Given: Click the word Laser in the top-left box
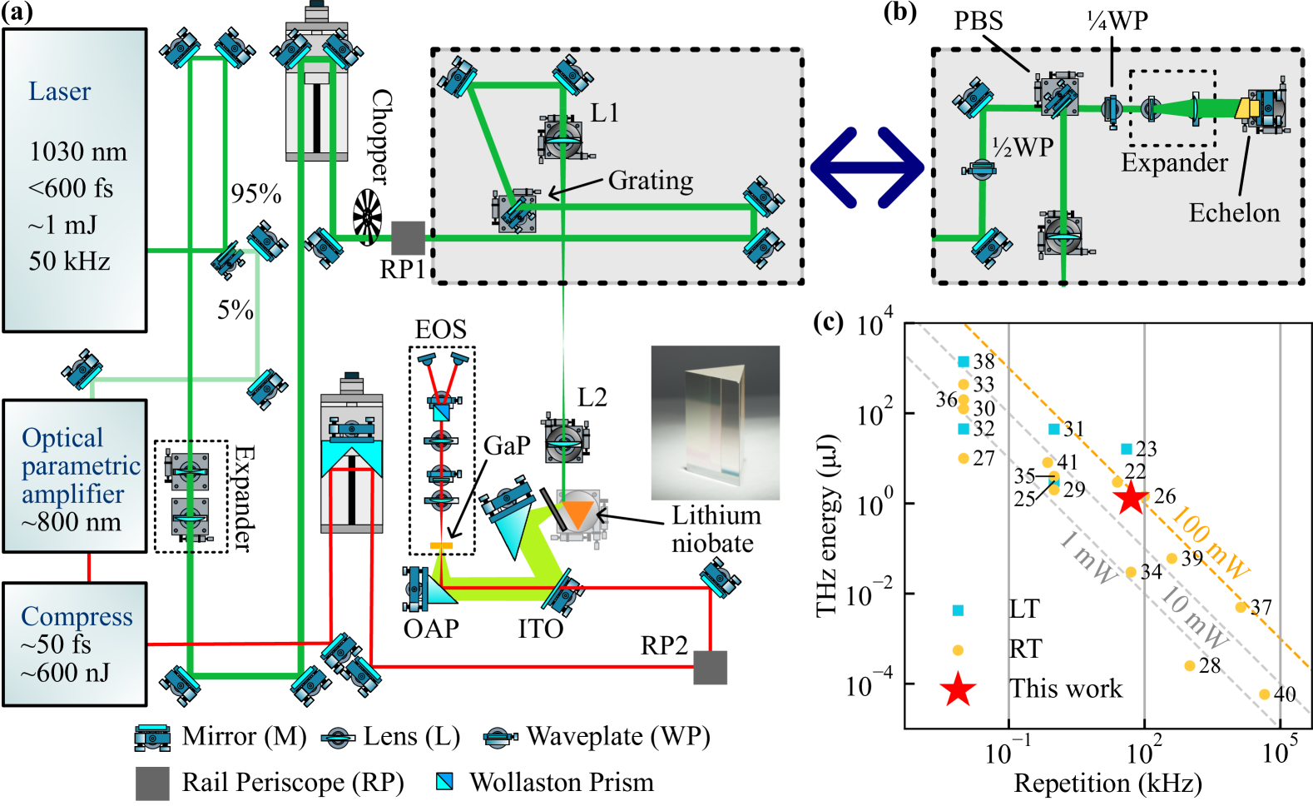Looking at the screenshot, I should coord(59,92).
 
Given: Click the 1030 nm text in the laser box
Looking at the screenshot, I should coord(78,152).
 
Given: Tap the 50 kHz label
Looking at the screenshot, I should coord(69,261).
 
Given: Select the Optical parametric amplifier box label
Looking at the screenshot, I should coord(80,465).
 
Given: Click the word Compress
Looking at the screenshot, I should coord(77,616).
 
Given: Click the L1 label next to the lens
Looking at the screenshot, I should coord(605,113).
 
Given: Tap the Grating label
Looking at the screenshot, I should coord(650,180).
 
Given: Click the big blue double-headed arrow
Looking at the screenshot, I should coord(866,167).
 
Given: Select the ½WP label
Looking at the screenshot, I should coord(1023,148).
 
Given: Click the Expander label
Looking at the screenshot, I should coord(1174,162).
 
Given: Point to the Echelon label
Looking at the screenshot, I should coord(1234,213).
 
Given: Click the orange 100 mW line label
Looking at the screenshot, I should coord(1209,543).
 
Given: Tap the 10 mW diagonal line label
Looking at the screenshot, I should coord(1193,618).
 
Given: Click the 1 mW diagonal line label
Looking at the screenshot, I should coord(1089,558).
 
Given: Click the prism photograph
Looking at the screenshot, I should coord(715,423).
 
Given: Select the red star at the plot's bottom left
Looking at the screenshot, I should coord(958,689).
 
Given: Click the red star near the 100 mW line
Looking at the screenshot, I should coord(1130,497).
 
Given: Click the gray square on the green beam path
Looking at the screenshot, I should coord(409,238).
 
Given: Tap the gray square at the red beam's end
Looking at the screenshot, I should coord(711,668).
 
